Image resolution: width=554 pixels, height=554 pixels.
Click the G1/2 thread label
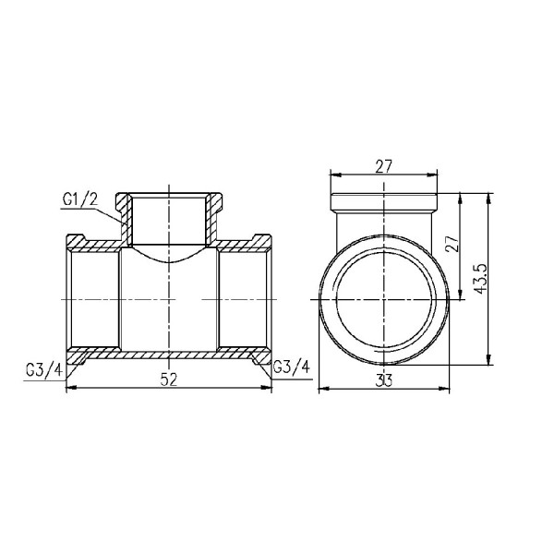(x=79, y=199)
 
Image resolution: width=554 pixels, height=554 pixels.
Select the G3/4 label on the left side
(x=43, y=370)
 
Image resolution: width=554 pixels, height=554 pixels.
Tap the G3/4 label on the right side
(x=292, y=370)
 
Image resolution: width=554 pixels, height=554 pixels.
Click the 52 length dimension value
(x=169, y=379)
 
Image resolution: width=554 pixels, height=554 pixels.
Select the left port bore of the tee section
(x=93, y=300)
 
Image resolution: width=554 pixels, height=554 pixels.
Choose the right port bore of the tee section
(x=244, y=300)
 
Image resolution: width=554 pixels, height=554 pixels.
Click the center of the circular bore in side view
(x=385, y=300)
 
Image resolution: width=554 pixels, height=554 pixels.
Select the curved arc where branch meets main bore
(x=168, y=256)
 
